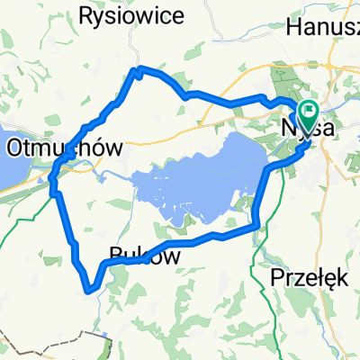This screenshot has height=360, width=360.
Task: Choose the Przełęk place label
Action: (x=309, y=278)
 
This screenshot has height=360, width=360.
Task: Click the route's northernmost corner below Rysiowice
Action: (x=136, y=69)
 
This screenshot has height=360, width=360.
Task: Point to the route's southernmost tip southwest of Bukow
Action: (x=89, y=290)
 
